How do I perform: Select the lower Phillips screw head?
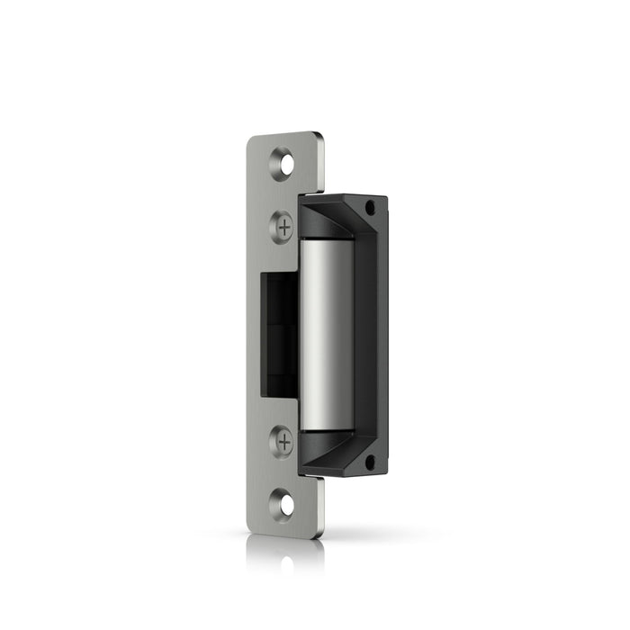click(x=283, y=441)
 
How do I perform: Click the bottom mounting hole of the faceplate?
click(x=285, y=504)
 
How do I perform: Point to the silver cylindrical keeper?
click(x=326, y=333)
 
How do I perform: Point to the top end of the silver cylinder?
click(x=326, y=241)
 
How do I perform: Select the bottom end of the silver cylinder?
click(x=326, y=427)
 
